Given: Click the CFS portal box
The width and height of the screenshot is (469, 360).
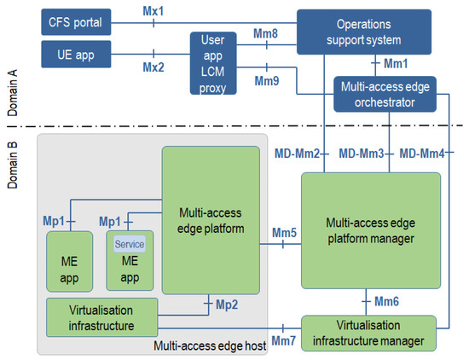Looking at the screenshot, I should [74, 22].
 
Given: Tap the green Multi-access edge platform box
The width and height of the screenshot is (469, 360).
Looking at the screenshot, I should [211, 220].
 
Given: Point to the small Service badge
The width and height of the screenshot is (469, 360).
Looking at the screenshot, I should [129, 244].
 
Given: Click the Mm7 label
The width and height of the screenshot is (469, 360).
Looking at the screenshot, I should [283, 340].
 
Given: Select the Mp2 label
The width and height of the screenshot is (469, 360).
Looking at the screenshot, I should [226, 304].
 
